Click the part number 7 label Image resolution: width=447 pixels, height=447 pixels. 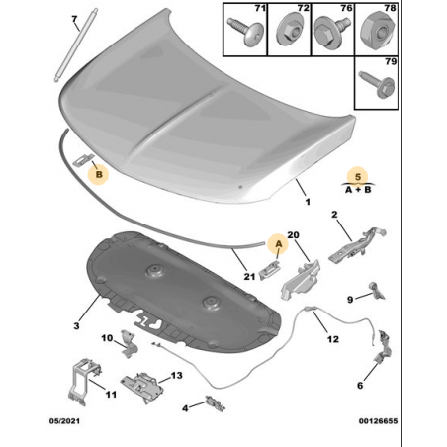tap(74, 20)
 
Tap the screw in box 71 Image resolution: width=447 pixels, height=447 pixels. tap(245, 31)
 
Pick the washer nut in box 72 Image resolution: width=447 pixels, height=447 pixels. tap(289, 32)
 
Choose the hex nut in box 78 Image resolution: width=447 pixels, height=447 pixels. tap(378, 31)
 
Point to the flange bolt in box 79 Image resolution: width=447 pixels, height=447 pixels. tap(377, 83)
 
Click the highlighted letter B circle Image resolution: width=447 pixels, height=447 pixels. tap(99, 174)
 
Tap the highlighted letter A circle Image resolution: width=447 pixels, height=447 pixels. tap(279, 244)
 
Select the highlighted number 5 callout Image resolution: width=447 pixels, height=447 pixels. tap(358, 177)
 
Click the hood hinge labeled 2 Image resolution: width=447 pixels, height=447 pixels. tap(358, 245)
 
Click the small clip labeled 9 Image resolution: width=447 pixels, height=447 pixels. tap(377, 291)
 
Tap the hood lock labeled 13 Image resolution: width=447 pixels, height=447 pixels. tap(142, 387)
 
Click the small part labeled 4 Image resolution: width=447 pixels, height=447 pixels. tap(215, 402)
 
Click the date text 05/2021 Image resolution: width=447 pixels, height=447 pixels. tap(64, 421)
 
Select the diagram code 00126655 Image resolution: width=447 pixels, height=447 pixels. tap(378, 421)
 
